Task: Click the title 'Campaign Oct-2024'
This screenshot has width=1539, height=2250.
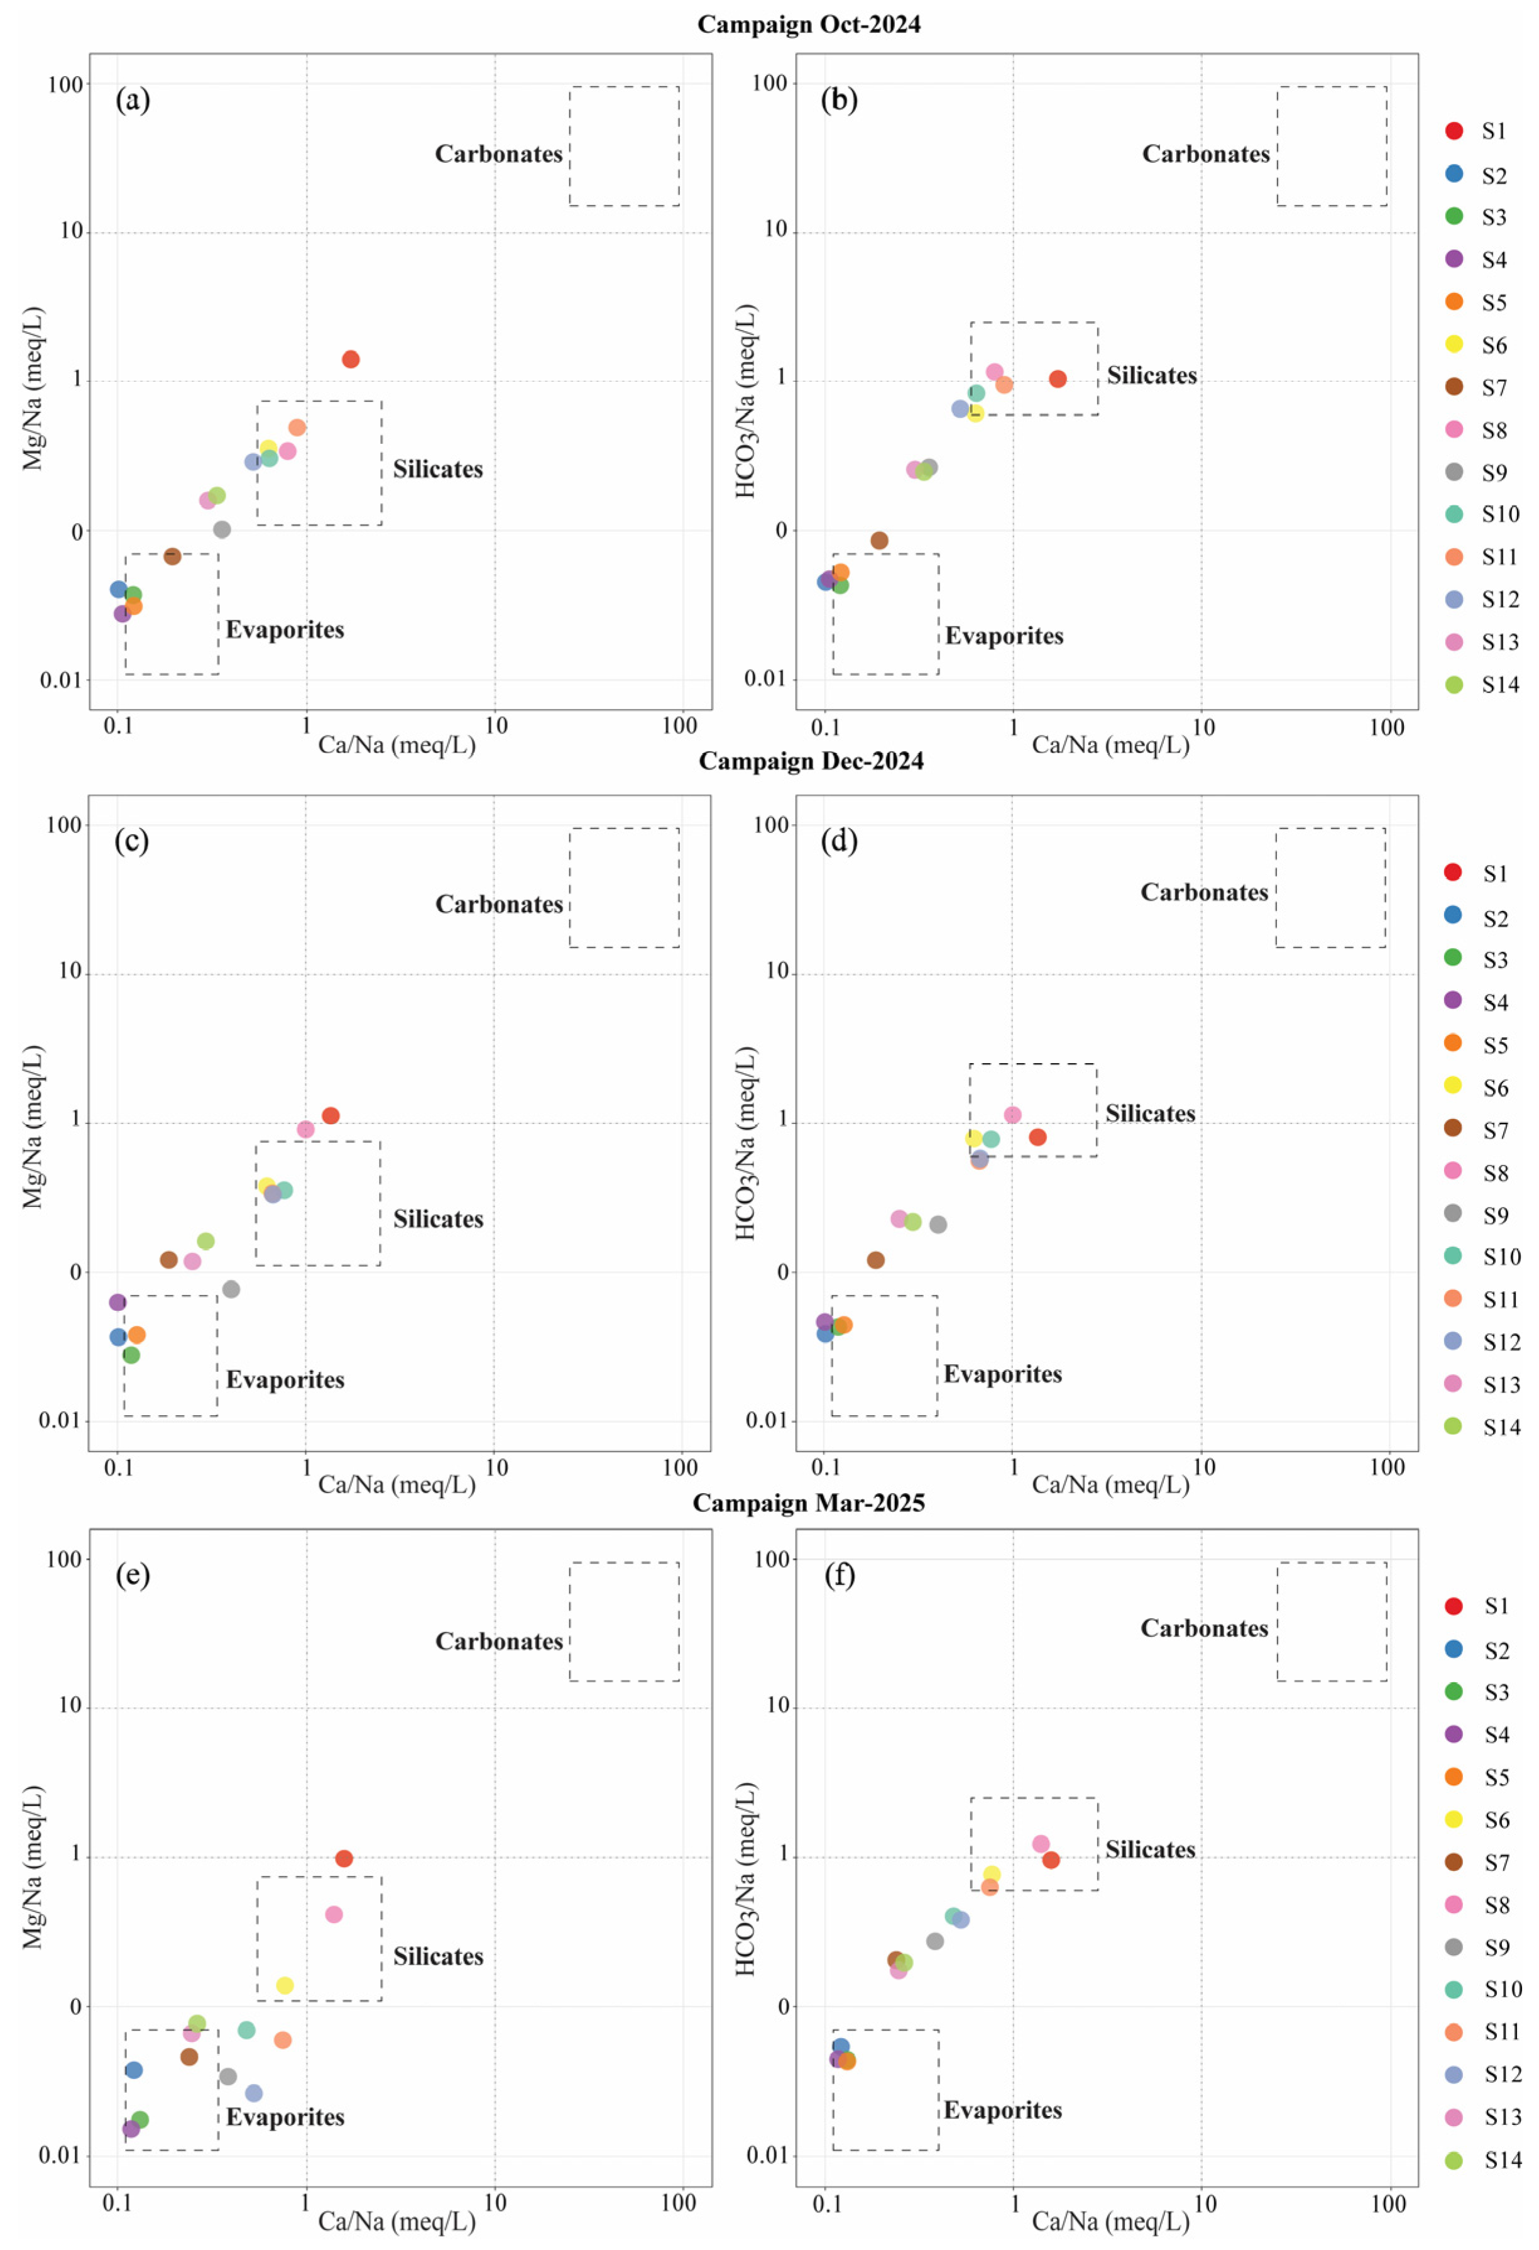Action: (x=809, y=25)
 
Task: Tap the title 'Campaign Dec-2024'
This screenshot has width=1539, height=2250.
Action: (x=811, y=761)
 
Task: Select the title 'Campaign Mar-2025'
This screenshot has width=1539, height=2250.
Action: (x=809, y=1503)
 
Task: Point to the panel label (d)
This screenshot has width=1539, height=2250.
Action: (x=838, y=841)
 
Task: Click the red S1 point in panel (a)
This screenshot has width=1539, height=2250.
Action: (x=351, y=359)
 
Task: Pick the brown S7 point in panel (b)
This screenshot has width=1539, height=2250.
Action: (x=879, y=540)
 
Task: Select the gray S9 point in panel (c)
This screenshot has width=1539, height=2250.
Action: (x=231, y=1289)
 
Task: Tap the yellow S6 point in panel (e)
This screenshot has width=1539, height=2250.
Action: (x=285, y=1985)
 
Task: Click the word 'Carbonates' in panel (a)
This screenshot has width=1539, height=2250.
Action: (x=498, y=154)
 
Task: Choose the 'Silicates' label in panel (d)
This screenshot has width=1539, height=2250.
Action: (x=1150, y=1113)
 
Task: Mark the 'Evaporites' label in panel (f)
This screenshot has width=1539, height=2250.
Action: (x=1003, y=2110)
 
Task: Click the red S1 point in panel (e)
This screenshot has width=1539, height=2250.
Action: (x=344, y=1858)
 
